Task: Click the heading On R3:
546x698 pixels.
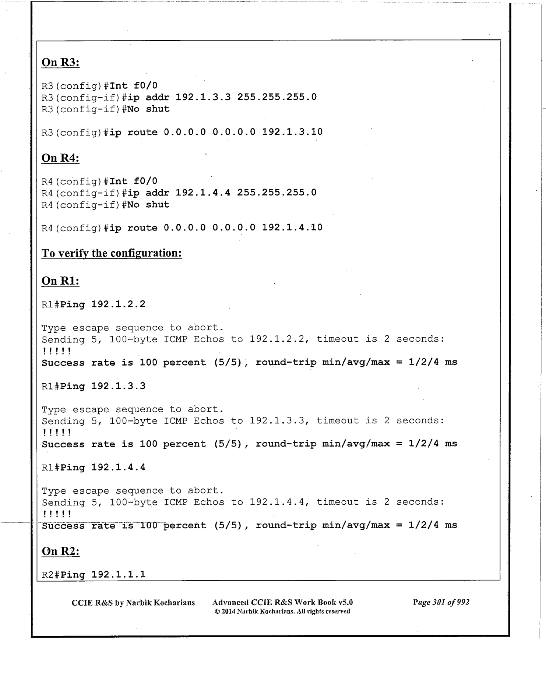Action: point(60,63)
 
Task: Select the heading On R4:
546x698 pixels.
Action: point(60,158)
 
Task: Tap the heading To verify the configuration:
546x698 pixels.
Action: point(112,253)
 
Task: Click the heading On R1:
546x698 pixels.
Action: point(60,281)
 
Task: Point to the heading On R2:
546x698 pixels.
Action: point(60,551)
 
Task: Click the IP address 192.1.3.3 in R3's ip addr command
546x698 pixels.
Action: point(203,97)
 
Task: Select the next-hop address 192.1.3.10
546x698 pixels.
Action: point(292,132)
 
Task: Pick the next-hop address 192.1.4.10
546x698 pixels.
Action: point(292,228)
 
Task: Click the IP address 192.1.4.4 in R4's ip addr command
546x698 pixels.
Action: point(203,193)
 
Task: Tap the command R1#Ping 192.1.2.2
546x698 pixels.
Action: point(94,304)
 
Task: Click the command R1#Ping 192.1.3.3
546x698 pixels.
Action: point(94,386)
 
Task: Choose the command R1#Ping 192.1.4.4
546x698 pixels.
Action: point(94,468)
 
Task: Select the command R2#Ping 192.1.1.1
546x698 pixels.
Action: point(94,575)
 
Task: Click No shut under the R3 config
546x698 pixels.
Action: point(148,109)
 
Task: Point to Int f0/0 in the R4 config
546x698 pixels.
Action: point(133,181)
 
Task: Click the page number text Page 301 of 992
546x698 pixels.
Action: point(441,602)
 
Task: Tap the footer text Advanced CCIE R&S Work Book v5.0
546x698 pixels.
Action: point(282,602)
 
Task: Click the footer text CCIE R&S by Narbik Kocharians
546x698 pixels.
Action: point(133,603)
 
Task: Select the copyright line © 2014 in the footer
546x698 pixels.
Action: point(282,611)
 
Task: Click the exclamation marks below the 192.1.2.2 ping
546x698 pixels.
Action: point(57,351)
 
